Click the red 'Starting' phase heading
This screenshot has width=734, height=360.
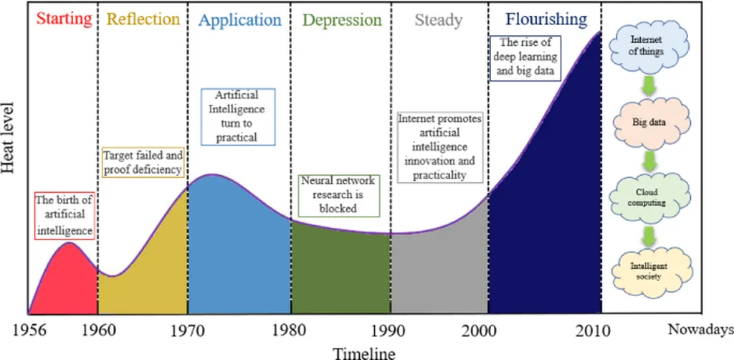pos(63,19)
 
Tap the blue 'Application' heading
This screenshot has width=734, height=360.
pos(240,19)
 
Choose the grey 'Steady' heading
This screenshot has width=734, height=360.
pos(438,19)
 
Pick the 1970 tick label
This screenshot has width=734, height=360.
pos(188,330)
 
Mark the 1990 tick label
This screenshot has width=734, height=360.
pos(391,330)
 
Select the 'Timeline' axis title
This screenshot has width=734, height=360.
pos(363,352)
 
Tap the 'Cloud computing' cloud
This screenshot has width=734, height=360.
pos(649,197)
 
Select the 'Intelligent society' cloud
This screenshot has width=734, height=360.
pos(649,270)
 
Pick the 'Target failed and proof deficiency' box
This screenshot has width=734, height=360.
pos(143,162)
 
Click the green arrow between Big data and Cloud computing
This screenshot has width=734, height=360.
pos(649,160)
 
